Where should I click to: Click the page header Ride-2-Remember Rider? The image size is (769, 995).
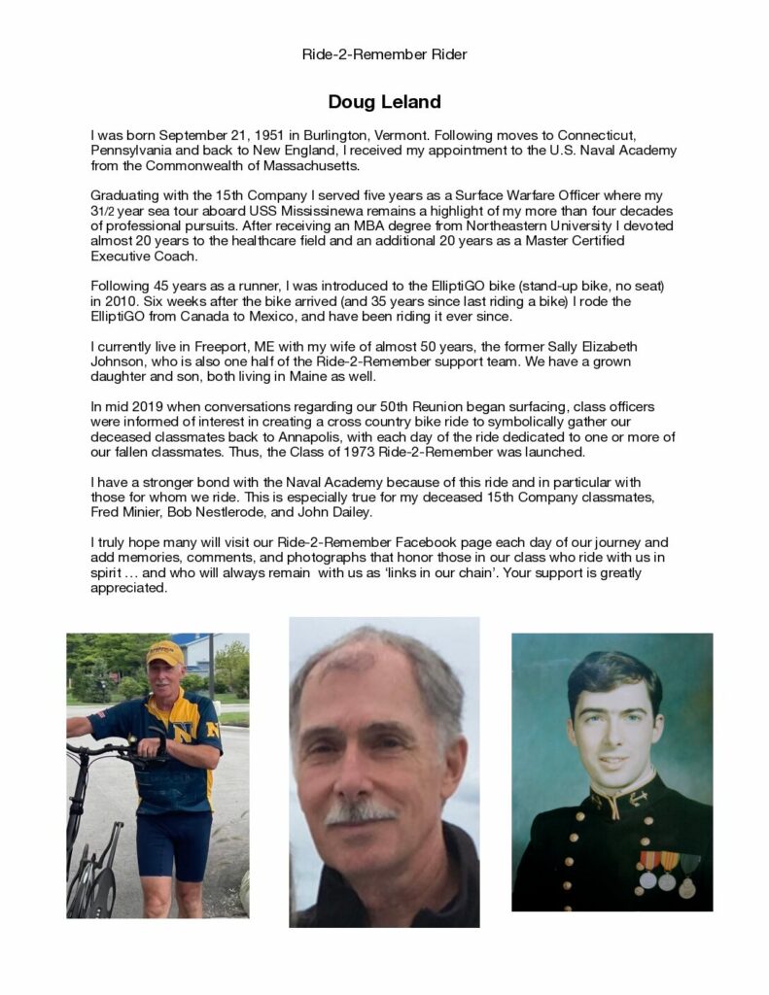point(384,54)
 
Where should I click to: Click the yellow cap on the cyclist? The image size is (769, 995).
point(164,653)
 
